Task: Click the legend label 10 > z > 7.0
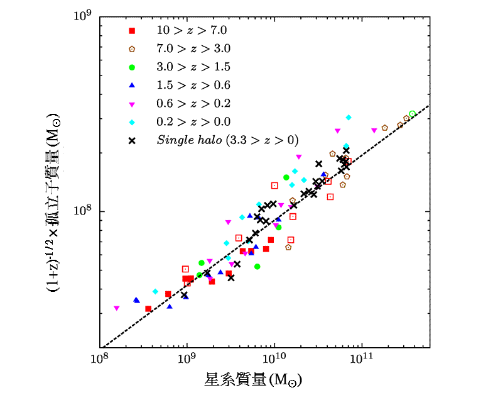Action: (191, 30)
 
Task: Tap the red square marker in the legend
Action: (132, 30)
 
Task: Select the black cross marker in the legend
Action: (132, 140)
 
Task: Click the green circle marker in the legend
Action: (132, 67)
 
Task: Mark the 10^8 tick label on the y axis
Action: (83, 211)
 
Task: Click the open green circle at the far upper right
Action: (412, 114)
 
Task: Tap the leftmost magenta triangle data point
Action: (116, 308)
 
